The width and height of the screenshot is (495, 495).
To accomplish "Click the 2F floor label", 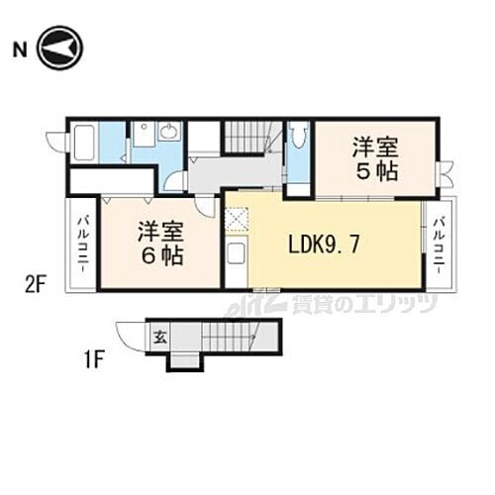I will pyautogui.click(x=36, y=286).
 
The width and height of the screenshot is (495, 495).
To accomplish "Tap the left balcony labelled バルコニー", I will pyautogui.click(x=81, y=246).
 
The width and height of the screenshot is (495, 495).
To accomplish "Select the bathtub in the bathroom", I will pyautogui.click(x=83, y=143).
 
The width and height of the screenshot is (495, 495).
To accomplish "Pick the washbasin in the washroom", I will pyautogui.click(x=168, y=132).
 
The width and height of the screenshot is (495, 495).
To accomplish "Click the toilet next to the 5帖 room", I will pyautogui.click(x=298, y=138).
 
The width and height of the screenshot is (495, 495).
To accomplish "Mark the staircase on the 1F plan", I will pyautogui.click(x=228, y=338).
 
